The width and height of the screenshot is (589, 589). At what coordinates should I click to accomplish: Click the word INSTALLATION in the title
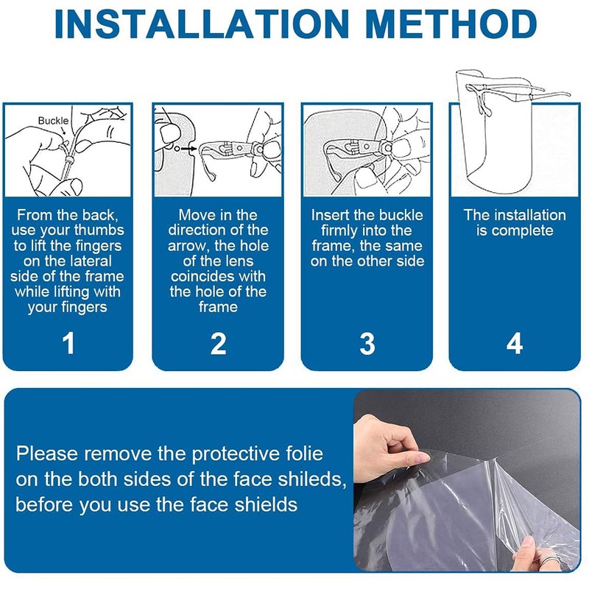coord(201,24)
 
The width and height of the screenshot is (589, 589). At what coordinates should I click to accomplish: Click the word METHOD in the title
coord(451,24)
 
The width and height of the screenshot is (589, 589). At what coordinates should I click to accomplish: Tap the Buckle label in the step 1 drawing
coord(53,121)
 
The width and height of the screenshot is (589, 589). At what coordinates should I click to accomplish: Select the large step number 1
coord(68,343)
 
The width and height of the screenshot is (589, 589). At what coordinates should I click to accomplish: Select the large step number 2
coord(218,343)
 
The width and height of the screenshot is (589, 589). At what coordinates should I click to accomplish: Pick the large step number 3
coord(367,343)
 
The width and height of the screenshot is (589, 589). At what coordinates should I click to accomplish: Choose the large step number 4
coord(515,343)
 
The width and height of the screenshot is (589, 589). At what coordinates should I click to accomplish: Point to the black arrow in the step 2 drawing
coord(188,149)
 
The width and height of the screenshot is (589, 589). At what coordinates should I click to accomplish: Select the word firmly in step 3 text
coord(339,230)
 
